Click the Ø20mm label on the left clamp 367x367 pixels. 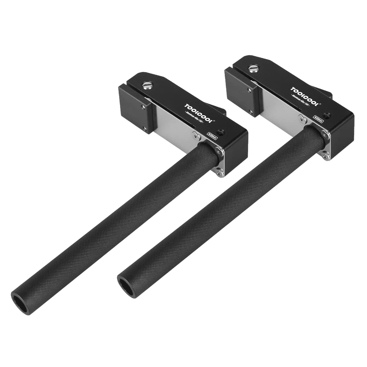click(x=212, y=136)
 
